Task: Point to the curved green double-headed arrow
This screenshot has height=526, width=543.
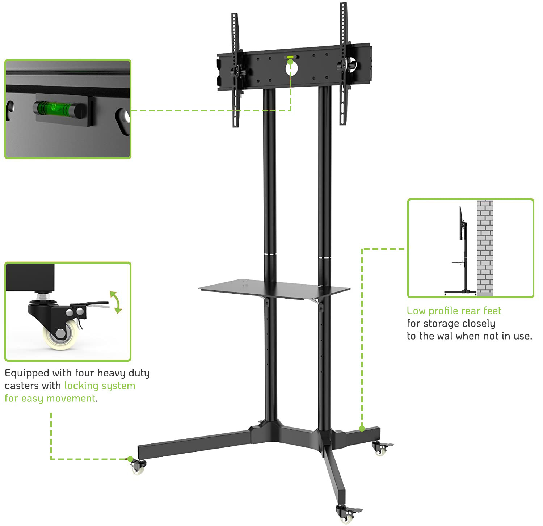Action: tap(116, 302)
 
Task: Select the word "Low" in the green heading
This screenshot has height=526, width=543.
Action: tap(416, 311)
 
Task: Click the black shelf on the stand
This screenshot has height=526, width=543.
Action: tap(274, 288)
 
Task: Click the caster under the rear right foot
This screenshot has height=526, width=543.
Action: tap(380, 449)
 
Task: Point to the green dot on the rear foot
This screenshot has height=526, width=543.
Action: tap(362, 429)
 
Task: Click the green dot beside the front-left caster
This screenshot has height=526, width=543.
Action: tap(130, 459)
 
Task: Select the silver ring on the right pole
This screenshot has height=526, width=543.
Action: tap(324, 257)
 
